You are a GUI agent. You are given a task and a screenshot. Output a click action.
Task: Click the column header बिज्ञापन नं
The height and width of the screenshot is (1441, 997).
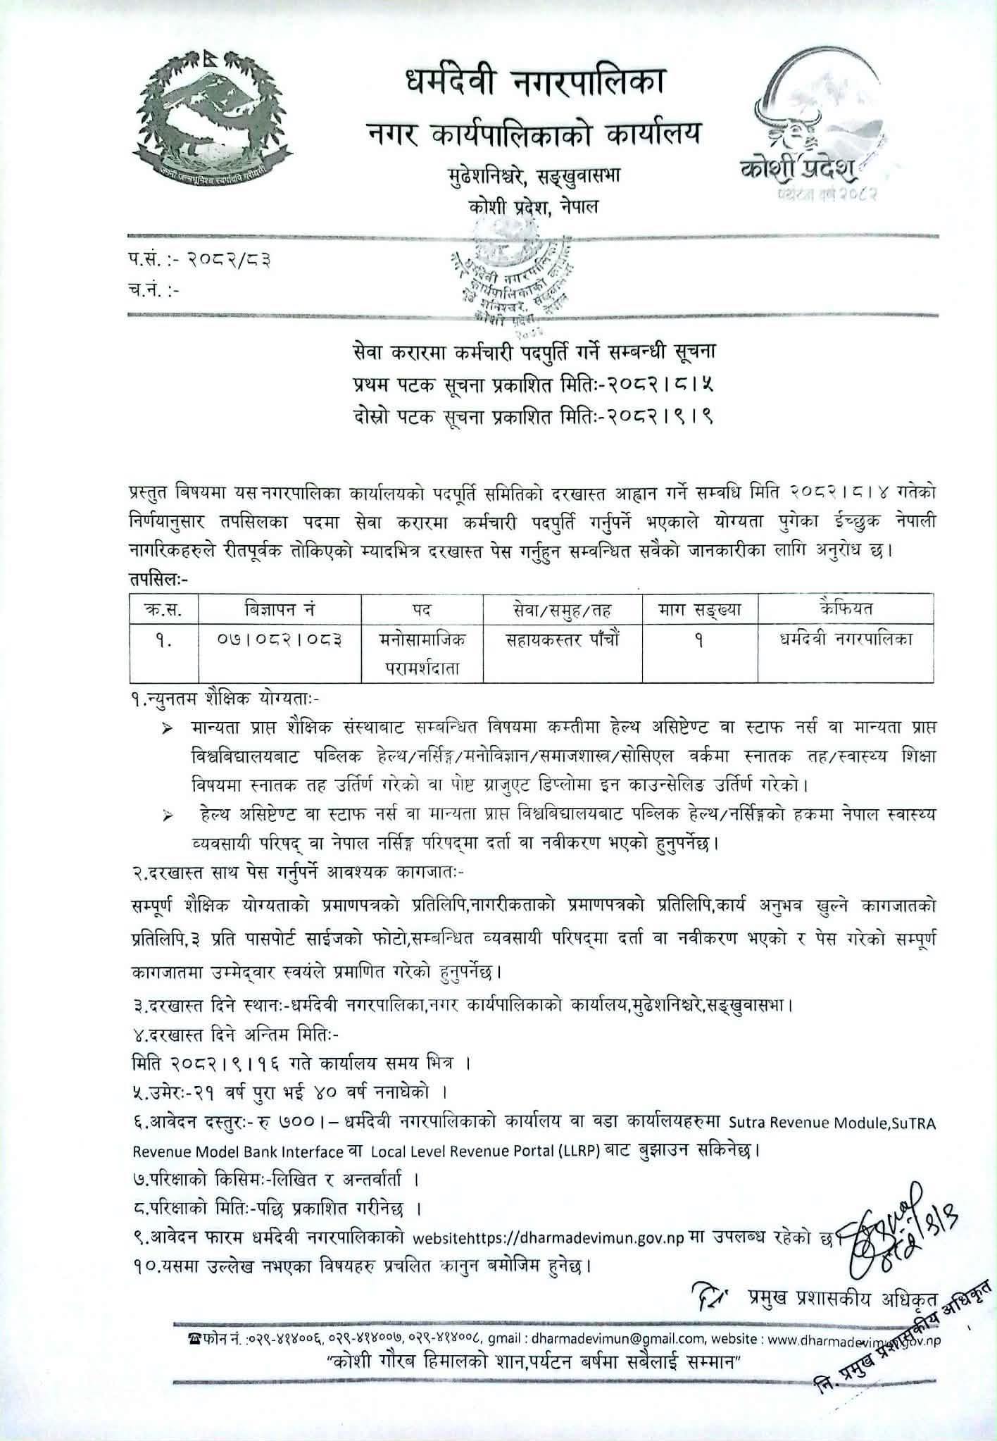(280, 608)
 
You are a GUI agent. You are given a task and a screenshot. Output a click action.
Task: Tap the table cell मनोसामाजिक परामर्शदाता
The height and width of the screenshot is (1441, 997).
(422, 653)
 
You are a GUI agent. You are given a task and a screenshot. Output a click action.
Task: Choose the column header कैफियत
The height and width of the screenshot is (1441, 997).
(846, 608)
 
